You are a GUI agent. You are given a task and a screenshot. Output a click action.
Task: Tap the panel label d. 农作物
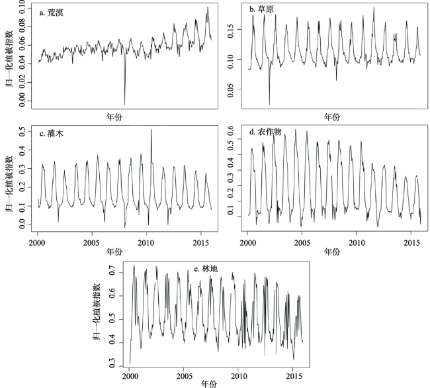(x=267, y=132)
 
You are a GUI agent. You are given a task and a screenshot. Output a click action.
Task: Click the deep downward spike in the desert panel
(x=124, y=103)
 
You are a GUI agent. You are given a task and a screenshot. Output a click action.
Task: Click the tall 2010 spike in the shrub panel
(x=151, y=130)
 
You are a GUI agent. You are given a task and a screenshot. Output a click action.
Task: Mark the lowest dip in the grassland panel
(x=269, y=104)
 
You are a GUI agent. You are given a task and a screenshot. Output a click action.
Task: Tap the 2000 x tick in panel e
(x=130, y=375)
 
